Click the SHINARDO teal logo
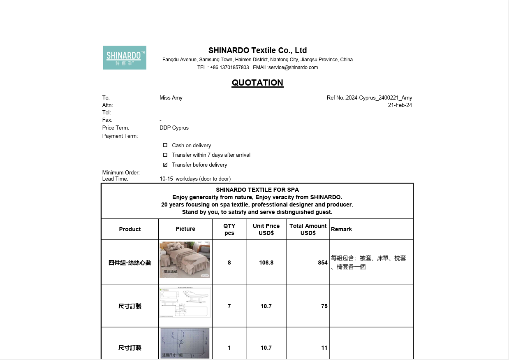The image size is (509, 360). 124,58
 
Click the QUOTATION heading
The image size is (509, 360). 257,83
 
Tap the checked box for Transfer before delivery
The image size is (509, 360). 165,165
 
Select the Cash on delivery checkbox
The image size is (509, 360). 165,145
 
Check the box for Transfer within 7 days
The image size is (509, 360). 165,155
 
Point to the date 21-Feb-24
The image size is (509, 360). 400,105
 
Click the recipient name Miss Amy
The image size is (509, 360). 171,98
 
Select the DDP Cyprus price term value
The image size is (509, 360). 174,128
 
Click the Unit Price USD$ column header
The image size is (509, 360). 266,229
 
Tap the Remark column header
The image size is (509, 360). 341,229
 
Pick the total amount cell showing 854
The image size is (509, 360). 322,262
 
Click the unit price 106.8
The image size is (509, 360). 266,262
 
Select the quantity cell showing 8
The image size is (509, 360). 229,262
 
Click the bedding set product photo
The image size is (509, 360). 185,260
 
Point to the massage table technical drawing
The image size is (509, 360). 185,303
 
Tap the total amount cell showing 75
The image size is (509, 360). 324,306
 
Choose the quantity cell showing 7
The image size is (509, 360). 229,306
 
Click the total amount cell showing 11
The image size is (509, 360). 324,348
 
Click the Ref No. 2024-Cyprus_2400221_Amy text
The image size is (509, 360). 369,98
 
